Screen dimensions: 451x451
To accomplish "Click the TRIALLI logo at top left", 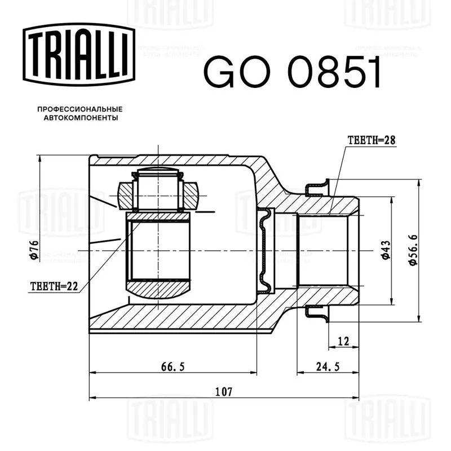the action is [x=79, y=54].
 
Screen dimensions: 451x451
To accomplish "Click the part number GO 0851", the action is [x=292, y=72].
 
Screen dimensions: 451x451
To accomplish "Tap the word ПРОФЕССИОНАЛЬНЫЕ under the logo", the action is [x=80, y=109].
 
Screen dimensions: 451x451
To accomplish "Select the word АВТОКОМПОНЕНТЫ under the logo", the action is [x=81, y=118].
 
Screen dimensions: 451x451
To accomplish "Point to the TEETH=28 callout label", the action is [x=372, y=140].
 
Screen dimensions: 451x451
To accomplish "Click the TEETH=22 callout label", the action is [x=54, y=286].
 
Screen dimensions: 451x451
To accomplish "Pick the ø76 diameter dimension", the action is [x=34, y=250].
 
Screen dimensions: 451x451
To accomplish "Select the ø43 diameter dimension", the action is [x=386, y=250].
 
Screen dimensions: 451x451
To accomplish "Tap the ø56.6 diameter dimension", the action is [x=413, y=250].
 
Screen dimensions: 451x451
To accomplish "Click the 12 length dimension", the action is [x=343, y=342].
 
